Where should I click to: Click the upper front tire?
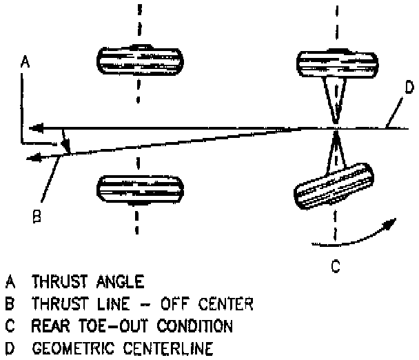[138, 61]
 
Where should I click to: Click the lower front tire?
[138, 188]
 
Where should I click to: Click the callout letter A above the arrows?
[25, 63]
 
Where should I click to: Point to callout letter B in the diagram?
[39, 217]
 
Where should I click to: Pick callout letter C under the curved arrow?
[334, 265]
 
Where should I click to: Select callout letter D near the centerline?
[408, 88]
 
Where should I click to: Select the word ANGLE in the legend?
[122, 282]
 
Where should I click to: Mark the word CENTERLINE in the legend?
[172, 345]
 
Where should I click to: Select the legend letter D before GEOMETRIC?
[9, 345]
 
